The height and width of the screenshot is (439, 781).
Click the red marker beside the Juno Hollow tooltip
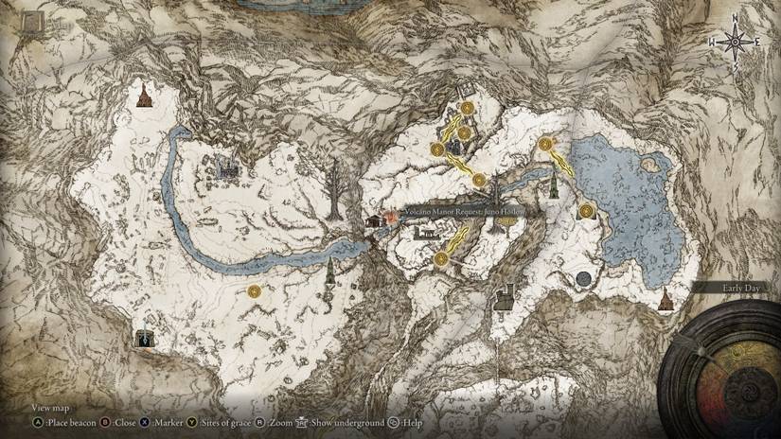pyautogui.click(x=390, y=217)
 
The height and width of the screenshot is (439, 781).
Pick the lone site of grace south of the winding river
pyautogui.click(x=254, y=292)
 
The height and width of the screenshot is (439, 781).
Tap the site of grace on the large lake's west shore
pyautogui.click(x=587, y=210)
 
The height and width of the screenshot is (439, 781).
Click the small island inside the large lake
pyautogui.click(x=650, y=165)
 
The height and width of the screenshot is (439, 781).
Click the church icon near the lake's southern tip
pyautogui.click(x=666, y=299)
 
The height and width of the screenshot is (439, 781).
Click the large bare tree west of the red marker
pyautogui.click(x=333, y=188)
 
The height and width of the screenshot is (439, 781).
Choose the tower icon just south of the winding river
pyautogui.click(x=329, y=274)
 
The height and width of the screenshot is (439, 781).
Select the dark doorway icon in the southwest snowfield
pyautogui.click(x=144, y=337)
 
